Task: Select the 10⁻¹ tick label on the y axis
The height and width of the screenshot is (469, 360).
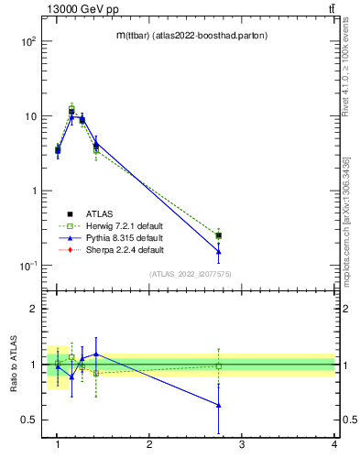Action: [26, 266]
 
